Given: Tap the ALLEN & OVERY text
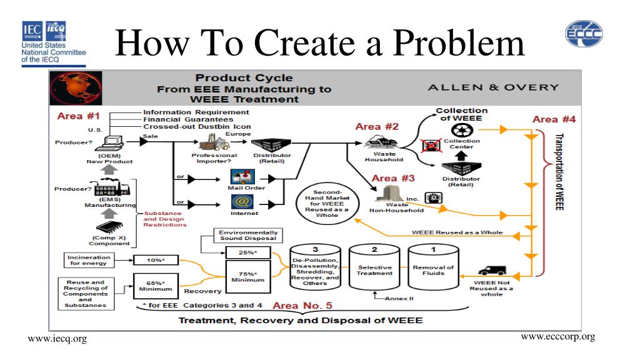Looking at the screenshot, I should [x=493, y=87].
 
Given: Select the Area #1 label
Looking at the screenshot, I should [x=79, y=116].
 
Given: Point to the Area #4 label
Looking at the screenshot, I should [x=554, y=119].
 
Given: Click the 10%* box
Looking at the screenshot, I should [x=152, y=259].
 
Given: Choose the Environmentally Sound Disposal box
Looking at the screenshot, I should [x=247, y=236].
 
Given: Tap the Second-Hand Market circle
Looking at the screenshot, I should [x=327, y=202].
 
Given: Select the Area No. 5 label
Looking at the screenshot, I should [x=302, y=306].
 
